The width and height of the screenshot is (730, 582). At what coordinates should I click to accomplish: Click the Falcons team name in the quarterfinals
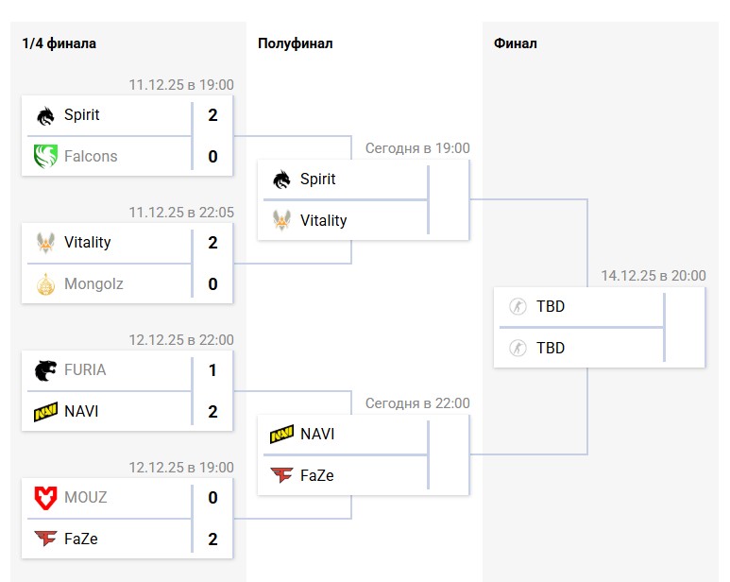point(91,156)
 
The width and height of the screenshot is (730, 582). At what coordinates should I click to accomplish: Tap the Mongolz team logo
point(45,283)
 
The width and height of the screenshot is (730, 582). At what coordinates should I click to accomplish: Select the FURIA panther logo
point(45,369)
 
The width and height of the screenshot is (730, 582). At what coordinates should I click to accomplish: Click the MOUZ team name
point(85,497)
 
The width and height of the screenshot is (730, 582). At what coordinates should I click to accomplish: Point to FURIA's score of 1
point(212,370)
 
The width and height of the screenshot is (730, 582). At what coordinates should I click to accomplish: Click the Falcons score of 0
point(212,157)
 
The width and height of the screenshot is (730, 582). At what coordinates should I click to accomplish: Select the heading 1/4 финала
point(59,43)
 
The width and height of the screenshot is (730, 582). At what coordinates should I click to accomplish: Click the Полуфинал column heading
point(295,43)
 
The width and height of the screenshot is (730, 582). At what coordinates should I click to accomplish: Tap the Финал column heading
point(515,43)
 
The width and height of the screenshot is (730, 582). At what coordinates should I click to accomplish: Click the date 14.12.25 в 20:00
point(653,276)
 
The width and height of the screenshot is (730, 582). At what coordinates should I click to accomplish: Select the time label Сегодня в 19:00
point(417,148)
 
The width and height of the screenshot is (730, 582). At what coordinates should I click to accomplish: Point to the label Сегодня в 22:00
point(417,403)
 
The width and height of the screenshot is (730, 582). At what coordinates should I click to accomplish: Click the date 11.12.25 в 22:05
point(181,213)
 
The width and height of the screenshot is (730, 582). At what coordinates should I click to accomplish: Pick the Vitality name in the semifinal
point(323,220)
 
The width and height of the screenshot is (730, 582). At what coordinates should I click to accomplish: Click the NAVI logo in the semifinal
point(281,435)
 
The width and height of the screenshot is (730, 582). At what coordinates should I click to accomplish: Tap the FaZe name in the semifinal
point(316,475)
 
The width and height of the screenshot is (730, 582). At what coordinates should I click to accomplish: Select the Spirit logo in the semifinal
point(281,180)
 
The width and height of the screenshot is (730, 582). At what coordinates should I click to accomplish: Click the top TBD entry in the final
point(550,306)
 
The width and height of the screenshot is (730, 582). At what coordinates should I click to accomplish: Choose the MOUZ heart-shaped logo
point(45,497)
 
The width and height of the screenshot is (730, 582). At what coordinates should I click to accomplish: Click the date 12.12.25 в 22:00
point(181,340)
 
